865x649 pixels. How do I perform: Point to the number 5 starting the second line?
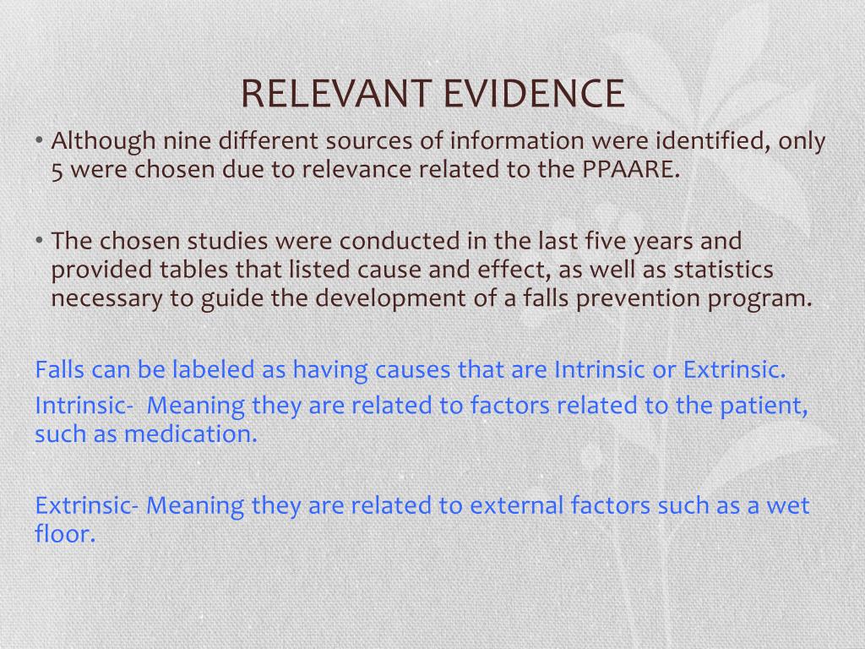coord(57,170)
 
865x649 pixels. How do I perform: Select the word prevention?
coord(602,298)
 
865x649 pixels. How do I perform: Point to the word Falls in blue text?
coord(59,369)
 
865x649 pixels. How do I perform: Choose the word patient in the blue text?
coord(764,406)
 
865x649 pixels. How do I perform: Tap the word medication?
coord(190,434)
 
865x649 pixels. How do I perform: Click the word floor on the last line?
coord(64,535)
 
